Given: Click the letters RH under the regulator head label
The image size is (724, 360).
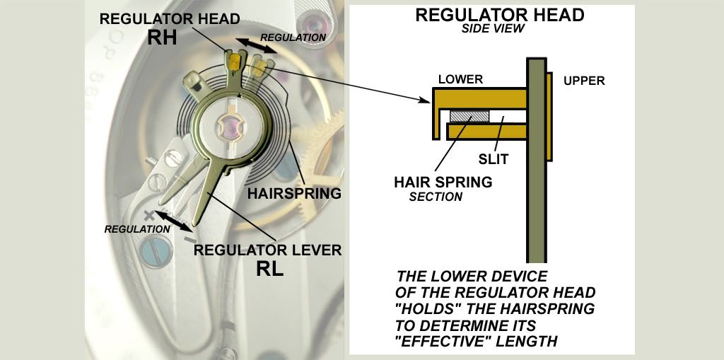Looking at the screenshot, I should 163,38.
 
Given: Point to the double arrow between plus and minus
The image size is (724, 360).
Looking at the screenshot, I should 173,221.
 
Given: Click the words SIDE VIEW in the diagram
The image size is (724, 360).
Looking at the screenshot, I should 494,29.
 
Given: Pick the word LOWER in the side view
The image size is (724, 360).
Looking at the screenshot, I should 460,79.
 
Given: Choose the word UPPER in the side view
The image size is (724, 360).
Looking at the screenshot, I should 584,81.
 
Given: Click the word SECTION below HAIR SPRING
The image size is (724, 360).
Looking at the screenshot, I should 436,197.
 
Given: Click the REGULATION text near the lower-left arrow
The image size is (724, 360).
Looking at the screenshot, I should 136,228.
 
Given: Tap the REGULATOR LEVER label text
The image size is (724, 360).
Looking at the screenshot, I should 268,250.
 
